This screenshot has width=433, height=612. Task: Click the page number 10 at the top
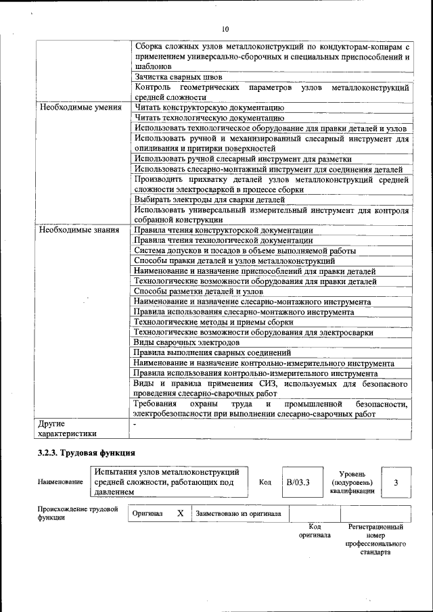click(x=225, y=29)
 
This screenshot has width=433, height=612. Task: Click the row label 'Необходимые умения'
click(x=80, y=108)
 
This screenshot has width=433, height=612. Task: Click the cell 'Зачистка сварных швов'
click(x=178, y=78)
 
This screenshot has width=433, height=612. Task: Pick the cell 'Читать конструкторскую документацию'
click(x=208, y=108)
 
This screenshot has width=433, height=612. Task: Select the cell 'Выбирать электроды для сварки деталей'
click(x=209, y=199)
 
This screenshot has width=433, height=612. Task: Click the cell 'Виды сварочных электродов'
click(x=183, y=342)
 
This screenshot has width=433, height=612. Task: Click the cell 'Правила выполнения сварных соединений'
click(x=212, y=352)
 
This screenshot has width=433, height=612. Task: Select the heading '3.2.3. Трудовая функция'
click(x=87, y=452)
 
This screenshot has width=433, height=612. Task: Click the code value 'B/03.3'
click(x=298, y=482)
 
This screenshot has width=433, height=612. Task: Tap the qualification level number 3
click(x=396, y=482)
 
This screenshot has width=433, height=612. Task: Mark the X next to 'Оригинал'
click(x=181, y=513)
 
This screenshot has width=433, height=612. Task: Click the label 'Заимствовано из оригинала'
click(x=238, y=514)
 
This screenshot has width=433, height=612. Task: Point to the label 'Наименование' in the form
click(x=61, y=482)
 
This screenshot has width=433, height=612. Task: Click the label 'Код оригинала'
click(x=315, y=530)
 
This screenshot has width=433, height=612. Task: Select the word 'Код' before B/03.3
click(x=265, y=482)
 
